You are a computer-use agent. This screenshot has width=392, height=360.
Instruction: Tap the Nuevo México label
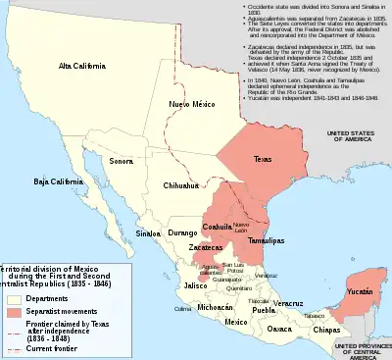[x=190, y=103]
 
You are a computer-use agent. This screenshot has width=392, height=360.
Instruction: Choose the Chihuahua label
[x=181, y=184]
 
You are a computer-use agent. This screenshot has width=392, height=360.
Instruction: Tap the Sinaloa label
[x=148, y=235]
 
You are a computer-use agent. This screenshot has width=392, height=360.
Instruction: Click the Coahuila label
[x=216, y=227]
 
